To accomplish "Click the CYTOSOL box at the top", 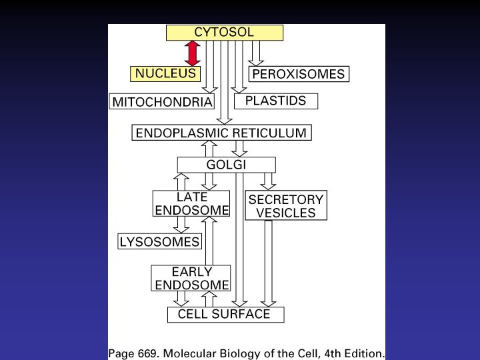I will (x=224, y=33).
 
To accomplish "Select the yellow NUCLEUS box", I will (x=166, y=73).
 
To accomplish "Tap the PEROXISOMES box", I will (x=299, y=74).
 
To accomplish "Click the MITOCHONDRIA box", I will (x=162, y=102).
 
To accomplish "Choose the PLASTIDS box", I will (x=276, y=101).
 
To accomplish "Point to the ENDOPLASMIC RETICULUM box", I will (x=221, y=133).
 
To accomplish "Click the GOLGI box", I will (x=226, y=165).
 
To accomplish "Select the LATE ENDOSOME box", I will (x=191, y=204).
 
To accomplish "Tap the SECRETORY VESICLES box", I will (x=285, y=206).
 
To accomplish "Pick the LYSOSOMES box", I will (x=160, y=241).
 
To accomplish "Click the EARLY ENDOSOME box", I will (x=191, y=279).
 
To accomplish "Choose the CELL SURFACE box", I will (x=225, y=314).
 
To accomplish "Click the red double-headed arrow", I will (x=192, y=53).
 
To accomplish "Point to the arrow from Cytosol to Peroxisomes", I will (x=256, y=53).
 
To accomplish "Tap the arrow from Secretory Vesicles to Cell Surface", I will (x=268, y=263).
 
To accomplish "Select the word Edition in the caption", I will (x=363, y=352).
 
